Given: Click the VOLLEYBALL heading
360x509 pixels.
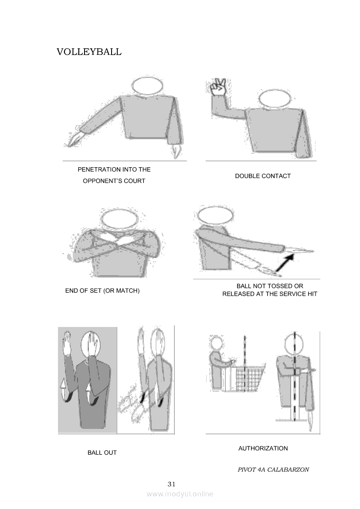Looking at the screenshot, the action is pyautogui.click(x=89, y=52).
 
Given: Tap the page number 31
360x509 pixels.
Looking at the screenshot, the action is pyautogui.click(x=172, y=484).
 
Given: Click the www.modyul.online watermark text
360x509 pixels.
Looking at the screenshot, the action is pyautogui.click(x=180, y=494).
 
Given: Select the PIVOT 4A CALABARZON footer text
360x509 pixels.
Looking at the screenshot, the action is pyautogui.click(x=273, y=469).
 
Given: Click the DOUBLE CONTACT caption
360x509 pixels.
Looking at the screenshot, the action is pyautogui.click(x=263, y=176).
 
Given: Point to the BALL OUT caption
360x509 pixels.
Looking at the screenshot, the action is pyautogui.click(x=102, y=452).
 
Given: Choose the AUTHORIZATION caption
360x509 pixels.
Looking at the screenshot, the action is pyautogui.click(x=263, y=448).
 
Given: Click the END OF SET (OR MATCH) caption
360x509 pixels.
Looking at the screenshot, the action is pyautogui.click(x=102, y=290).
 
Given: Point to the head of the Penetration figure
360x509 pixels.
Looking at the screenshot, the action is pyautogui.click(x=147, y=86).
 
